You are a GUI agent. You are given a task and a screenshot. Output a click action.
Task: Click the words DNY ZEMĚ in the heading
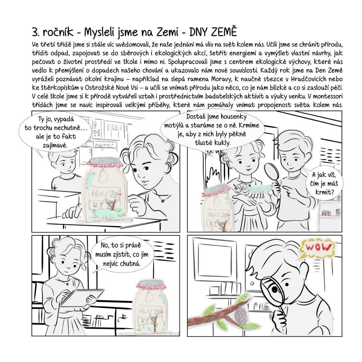pos(213,32)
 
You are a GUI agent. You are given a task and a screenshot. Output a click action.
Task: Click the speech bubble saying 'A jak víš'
pos(325,183)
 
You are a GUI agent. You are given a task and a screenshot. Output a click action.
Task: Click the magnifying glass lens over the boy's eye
pos(273,290)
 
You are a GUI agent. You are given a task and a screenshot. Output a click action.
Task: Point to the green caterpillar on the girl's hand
pos(260,189)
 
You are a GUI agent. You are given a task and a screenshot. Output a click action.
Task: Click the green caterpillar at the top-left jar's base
pos(107,214)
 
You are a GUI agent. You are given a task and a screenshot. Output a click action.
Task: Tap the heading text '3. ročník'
pos(53,32)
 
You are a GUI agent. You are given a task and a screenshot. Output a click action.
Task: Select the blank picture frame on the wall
pos(215,260)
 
